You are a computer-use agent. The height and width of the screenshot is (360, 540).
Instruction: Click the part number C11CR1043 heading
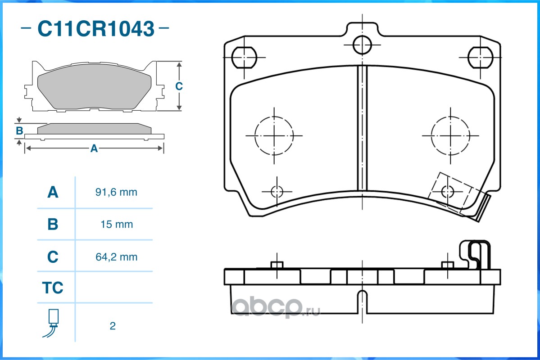(x=96, y=28)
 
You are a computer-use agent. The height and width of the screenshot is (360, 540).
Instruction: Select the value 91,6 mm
(x=116, y=192)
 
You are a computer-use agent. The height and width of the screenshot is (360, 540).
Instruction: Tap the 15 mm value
(x=117, y=225)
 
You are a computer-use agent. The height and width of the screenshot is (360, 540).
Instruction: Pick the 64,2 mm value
(x=116, y=257)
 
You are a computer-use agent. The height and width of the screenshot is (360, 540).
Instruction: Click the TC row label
(x=53, y=288)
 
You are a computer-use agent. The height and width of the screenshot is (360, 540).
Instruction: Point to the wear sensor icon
(x=52, y=323)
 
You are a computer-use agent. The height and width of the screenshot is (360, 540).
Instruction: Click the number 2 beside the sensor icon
(x=113, y=326)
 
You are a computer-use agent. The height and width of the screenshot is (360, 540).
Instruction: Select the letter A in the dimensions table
(x=53, y=192)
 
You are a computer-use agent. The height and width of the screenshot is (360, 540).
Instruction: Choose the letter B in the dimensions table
(x=53, y=225)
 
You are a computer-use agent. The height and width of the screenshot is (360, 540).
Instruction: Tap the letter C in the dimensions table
(x=53, y=257)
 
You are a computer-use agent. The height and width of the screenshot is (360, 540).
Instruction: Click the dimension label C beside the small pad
(x=179, y=86)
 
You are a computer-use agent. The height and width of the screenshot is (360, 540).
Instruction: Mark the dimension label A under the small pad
(x=94, y=148)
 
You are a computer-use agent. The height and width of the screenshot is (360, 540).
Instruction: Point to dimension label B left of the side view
(x=20, y=131)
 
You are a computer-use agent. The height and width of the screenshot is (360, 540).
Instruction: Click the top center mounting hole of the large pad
(x=362, y=45)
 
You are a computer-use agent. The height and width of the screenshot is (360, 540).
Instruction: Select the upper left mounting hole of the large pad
(x=244, y=58)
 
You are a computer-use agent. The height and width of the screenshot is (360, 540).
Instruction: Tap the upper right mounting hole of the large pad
(x=481, y=58)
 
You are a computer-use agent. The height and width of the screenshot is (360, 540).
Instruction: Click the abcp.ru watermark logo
(x=276, y=307)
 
